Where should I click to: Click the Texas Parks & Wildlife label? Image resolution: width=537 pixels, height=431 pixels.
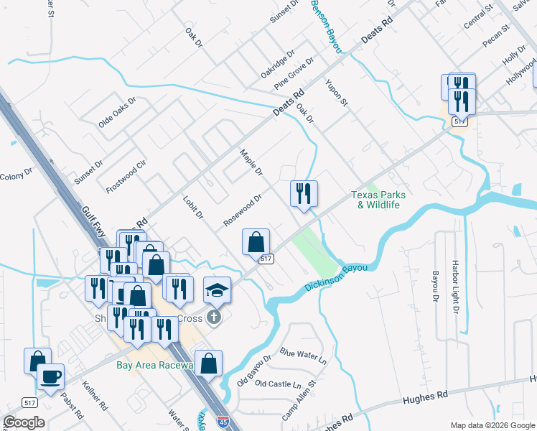[x=378, y=200]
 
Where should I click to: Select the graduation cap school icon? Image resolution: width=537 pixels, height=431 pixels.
[x=218, y=290]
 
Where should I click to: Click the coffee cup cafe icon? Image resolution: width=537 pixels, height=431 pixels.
[x=50, y=377]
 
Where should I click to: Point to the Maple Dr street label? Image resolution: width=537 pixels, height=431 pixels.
[x=251, y=163]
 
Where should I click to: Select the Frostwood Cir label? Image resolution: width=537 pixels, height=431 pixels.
[x=126, y=177]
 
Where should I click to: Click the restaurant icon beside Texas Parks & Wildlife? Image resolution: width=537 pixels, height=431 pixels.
[x=304, y=193]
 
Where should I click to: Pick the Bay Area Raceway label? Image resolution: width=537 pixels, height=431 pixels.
[x=155, y=365]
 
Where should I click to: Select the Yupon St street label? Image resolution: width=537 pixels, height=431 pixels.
[x=337, y=93]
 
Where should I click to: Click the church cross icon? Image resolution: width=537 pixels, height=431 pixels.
[x=214, y=317]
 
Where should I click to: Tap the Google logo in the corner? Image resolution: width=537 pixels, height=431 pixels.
[x=24, y=422]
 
